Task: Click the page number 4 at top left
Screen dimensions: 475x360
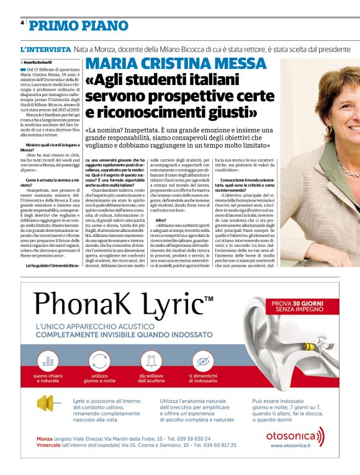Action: pos(22,22)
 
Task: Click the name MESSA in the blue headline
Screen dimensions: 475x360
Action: pos(238,64)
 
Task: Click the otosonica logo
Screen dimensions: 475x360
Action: pos(294,437)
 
